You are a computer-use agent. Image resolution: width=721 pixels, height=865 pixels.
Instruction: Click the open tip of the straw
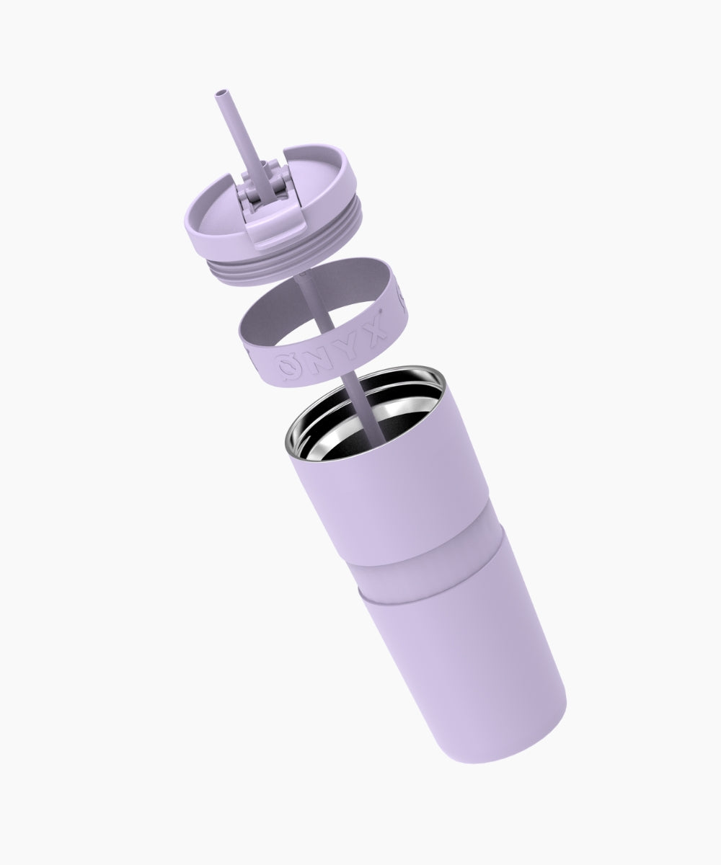223,92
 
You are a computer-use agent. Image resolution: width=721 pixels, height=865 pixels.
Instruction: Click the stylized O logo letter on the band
289,366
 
